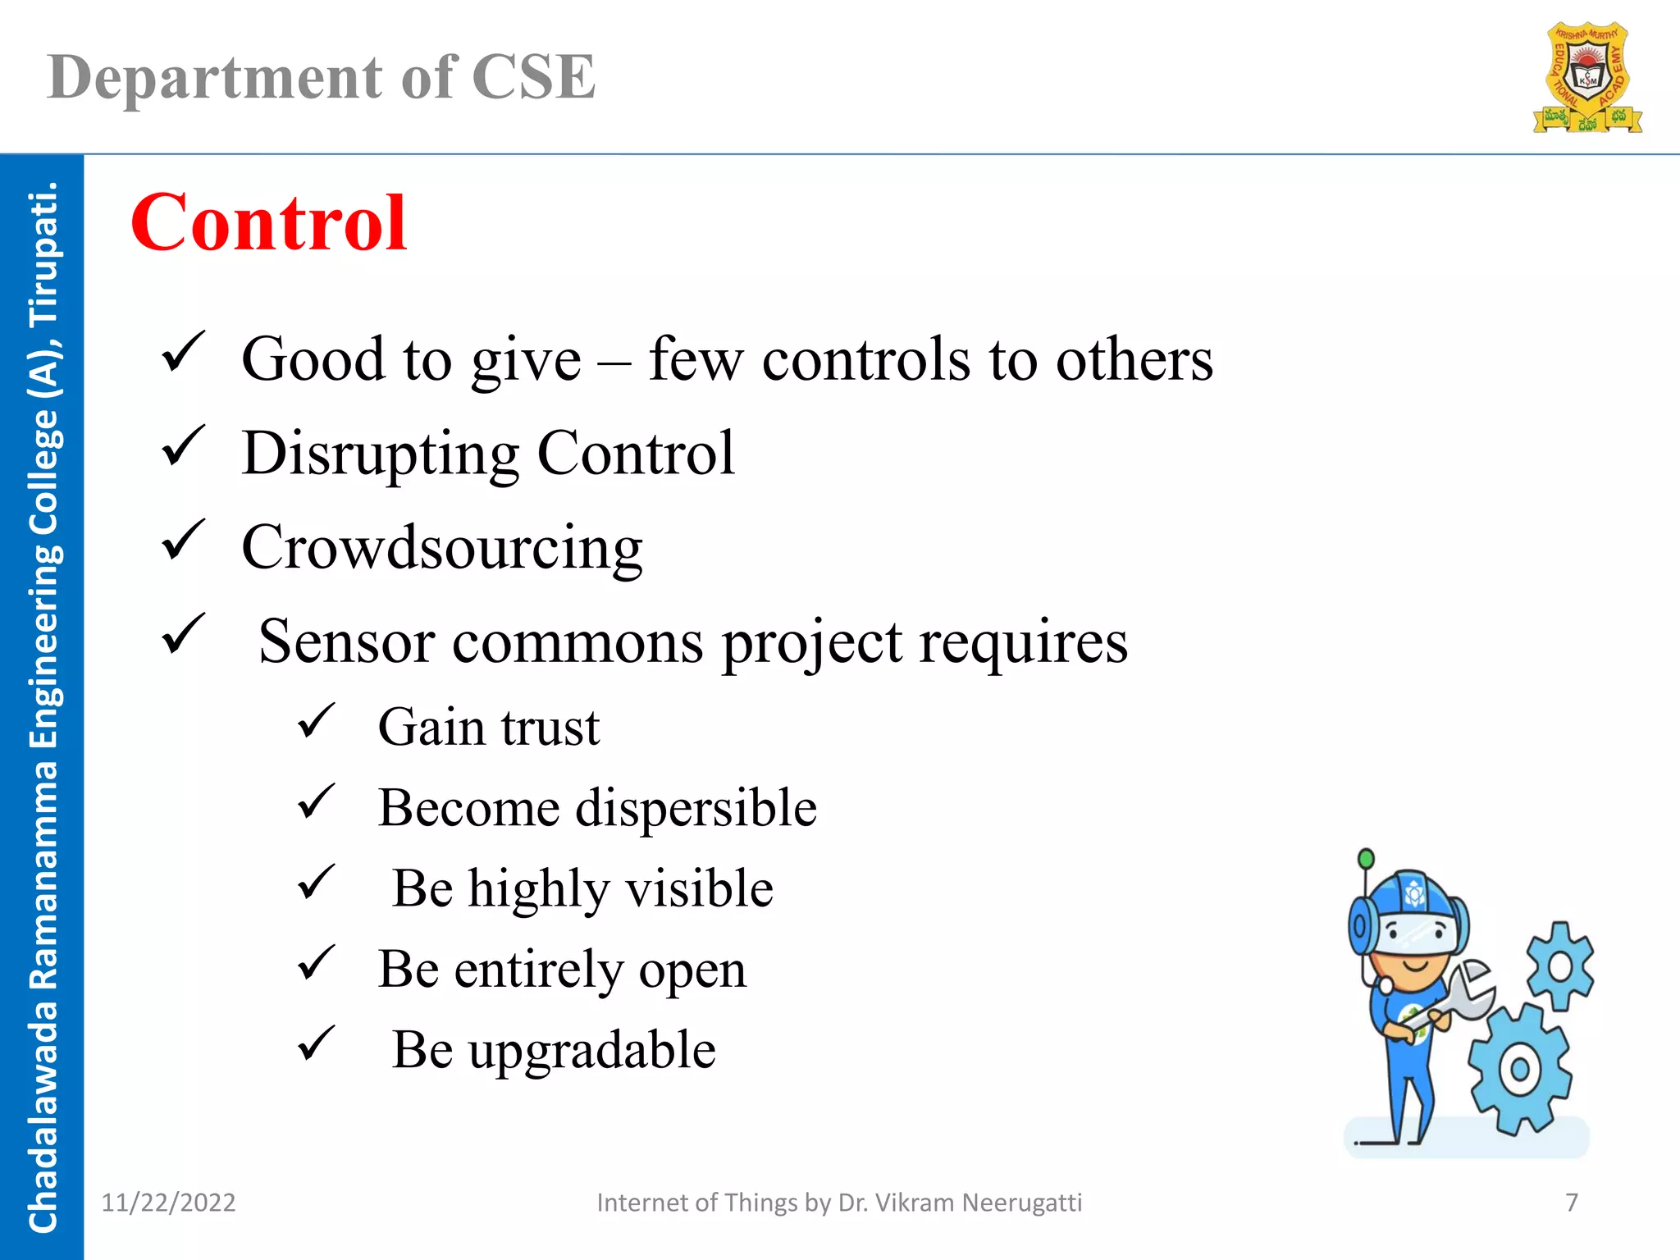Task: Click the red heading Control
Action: coord(268,223)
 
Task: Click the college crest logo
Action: coord(1587,78)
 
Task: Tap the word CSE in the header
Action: coord(533,78)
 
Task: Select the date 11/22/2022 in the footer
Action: coord(168,1203)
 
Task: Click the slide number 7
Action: coord(1571,1203)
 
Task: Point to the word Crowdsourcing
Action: coord(441,547)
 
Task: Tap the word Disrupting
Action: coord(380,453)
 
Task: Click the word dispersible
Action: coord(696,808)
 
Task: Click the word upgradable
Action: coord(591,1050)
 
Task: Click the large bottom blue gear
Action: coord(1519,1069)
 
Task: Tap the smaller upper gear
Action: coord(1559,966)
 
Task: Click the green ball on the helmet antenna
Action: coord(1366,859)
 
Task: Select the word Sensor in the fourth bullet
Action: coord(346,641)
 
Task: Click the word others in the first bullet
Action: coord(1134,360)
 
